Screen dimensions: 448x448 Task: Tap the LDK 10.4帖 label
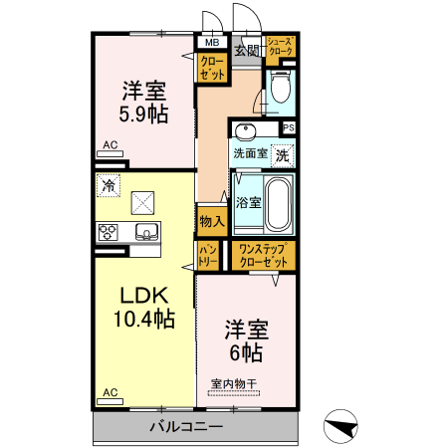tap(144, 308)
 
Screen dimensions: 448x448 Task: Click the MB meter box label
tap(211, 44)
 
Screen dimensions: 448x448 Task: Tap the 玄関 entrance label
tap(246, 50)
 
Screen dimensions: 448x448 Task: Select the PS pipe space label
tap(289, 127)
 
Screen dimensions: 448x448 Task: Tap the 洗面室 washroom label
tap(249, 153)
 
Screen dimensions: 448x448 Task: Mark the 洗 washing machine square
tap(283, 154)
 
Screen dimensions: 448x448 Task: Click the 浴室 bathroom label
tap(248, 202)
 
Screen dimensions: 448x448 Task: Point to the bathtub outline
tap(277, 203)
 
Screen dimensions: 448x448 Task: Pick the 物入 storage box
tap(209, 221)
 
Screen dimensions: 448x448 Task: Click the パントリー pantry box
tap(207, 254)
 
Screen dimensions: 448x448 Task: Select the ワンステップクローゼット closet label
tap(263, 254)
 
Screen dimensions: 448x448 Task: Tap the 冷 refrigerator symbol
tap(107, 185)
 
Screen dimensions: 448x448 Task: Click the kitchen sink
tap(145, 234)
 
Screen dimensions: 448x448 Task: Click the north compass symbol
tap(341, 426)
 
